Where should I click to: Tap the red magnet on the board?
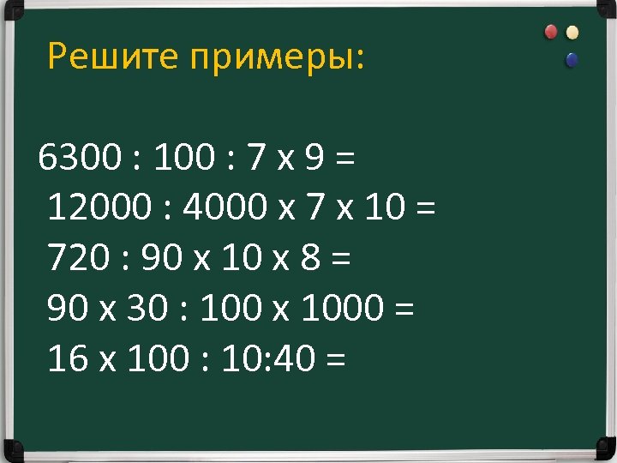click(x=551, y=32)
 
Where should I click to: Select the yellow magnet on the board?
click(x=572, y=33)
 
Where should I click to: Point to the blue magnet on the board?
click(x=572, y=60)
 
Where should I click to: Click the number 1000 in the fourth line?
click(x=339, y=309)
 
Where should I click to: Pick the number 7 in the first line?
click(x=255, y=158)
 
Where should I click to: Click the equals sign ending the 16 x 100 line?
click(x=336, y=361)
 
